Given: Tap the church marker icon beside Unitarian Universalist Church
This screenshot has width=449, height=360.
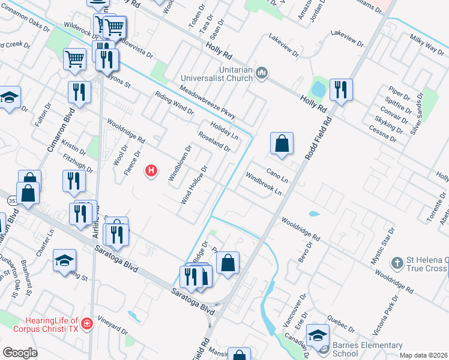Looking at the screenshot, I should [261, 74].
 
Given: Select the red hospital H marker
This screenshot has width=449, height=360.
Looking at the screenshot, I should [152, 171].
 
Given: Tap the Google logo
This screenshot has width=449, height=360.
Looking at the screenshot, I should [20, 353].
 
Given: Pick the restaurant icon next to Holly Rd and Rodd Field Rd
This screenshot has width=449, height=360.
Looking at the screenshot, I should [341, 90].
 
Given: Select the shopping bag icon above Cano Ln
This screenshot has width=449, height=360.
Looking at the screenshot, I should [282, 144].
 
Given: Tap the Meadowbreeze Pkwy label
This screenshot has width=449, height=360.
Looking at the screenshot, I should [207, 103].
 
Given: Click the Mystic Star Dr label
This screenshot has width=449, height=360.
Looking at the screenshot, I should [383, 245].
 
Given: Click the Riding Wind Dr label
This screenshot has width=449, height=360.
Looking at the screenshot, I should [174, 103].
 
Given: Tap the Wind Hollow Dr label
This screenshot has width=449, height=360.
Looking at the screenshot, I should [194, 184].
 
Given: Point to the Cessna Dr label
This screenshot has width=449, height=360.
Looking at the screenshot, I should [384, 132].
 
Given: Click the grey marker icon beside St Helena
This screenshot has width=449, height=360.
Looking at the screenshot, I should [396, 263].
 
